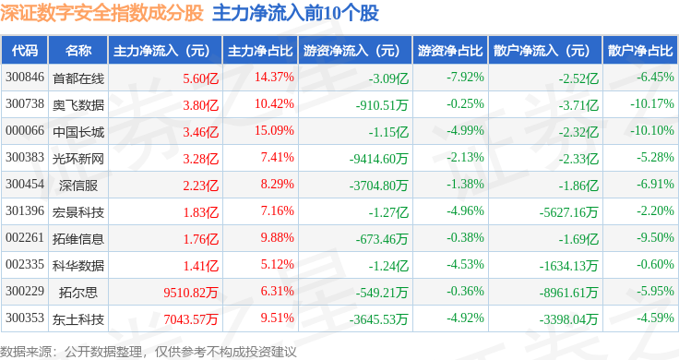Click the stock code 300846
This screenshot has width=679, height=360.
[x=25, y=78]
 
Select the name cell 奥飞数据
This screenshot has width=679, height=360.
[x=78, y=105]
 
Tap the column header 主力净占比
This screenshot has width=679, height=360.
[x=260, y=51]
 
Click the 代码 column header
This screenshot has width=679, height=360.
[x=25, y=51]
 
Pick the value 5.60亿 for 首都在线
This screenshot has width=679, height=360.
[x=200, y=78]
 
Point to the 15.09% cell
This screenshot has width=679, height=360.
[x=274, y=130]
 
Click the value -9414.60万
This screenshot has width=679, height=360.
[x=379, y=159]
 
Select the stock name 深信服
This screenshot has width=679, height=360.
[x=78, y=186]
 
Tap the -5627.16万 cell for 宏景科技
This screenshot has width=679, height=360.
[x=568, y=212]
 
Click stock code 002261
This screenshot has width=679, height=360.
[x=25, y=237]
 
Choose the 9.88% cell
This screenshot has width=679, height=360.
[x=277, y=237]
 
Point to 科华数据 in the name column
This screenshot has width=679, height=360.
[x=78, y=266]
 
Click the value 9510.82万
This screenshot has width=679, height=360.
[x=191, y=293]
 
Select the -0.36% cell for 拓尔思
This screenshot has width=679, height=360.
[x=466, y=291]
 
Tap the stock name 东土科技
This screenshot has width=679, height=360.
[x=78, y=319]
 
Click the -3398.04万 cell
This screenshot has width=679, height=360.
[x=568, y=319]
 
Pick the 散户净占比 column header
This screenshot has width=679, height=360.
[x=640, y=51]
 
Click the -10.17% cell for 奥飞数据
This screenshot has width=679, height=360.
[x=652, y=103]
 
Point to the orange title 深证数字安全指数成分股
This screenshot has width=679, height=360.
[x=101, y=14]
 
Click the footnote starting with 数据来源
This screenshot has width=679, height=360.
[x=149, y=352]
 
